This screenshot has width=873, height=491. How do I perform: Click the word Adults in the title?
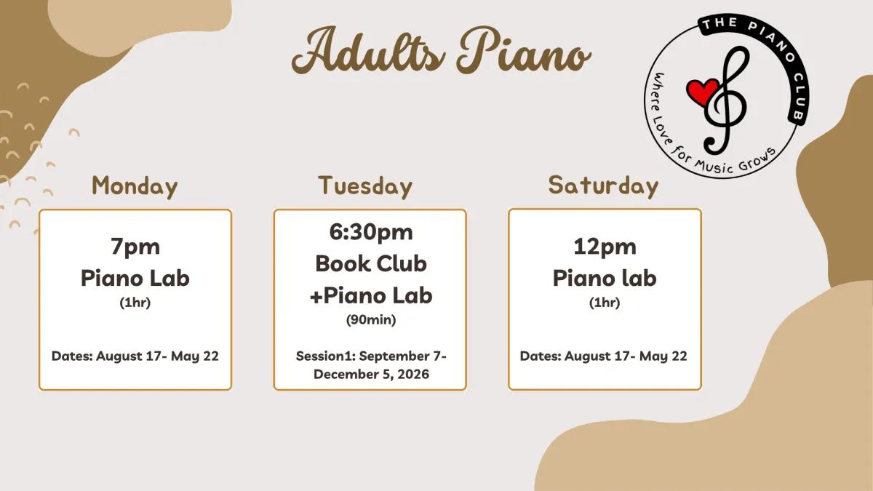click(x=368, y=51)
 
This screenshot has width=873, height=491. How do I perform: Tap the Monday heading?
click(x=135, y=187)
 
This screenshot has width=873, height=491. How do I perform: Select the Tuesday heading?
click(x=365, y=187)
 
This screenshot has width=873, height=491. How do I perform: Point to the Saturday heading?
click(x=603, y=186)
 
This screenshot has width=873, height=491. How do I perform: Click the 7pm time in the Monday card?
click(x=135, y=247)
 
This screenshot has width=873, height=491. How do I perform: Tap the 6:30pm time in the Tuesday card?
click(x=371, y=232)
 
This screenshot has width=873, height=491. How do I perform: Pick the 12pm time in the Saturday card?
click(x=605, y=247)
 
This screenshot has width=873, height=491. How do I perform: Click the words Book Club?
click(x=371, y=264)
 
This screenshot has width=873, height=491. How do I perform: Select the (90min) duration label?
click(x=371, y=319)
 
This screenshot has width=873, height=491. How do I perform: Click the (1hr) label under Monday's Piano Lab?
click(x=135, y=303)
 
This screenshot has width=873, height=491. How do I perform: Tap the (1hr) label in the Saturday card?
click(x=605, y=303)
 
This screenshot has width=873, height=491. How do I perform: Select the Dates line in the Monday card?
click(x=135, y=356)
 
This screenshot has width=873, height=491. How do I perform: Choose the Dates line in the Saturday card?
click(x=604, y=356)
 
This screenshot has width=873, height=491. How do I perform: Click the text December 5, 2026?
click(x=372, y=374)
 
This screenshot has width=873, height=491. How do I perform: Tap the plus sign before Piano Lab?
click(x=316, y=297)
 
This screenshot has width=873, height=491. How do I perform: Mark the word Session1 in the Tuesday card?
click(x=325, y=356)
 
